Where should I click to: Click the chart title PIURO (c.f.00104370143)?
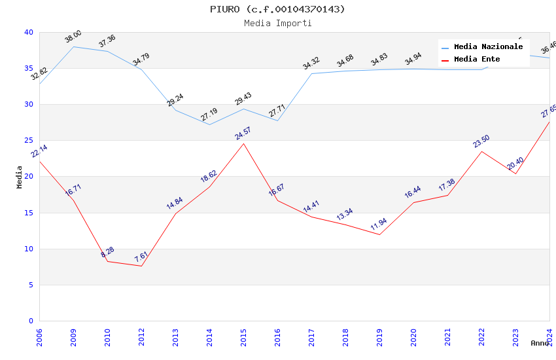coord(277,9)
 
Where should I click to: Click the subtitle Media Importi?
coord(277,23)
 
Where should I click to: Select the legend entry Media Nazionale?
coord(488,47)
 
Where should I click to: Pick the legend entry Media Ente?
coord(477,60)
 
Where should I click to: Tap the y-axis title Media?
coord(20,177)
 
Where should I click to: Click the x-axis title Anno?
coord(540,343)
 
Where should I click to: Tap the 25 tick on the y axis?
coord(29,141)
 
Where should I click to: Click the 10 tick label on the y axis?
coord(29,249)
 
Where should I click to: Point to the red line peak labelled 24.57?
coord(243,143)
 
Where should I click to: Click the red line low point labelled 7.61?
coord(141,266)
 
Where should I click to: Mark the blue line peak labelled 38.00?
coord(73,46)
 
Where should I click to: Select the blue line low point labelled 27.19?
coord(209,124)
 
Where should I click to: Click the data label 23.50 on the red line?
coord(481,141)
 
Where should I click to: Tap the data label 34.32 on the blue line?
coord(311,63)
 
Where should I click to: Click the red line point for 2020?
coord(413,202)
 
